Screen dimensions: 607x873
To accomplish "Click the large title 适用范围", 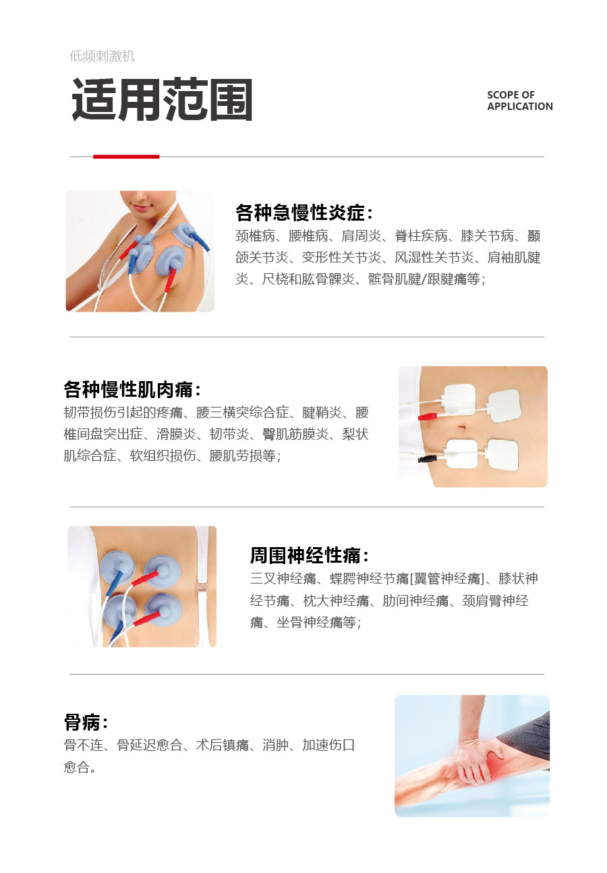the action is [162, 99].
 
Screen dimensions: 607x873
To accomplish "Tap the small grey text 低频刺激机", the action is [102, 56].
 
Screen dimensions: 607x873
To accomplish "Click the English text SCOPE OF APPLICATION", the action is [520, 101].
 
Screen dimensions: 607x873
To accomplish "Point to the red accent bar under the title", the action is [126, 157].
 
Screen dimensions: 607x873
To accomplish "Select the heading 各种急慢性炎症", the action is [301, 213].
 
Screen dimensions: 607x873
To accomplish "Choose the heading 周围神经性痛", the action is [306, 555].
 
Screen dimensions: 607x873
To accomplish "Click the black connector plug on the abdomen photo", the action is [428, 459].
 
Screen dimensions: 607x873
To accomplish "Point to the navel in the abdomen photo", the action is [462, 428].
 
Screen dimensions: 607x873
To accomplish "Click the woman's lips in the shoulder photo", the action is [141, 207].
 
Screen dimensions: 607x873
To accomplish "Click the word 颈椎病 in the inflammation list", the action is [255, 235].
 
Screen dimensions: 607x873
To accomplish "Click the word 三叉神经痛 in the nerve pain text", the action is [283, 578].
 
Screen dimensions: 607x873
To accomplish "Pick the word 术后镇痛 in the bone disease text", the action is [222, 745].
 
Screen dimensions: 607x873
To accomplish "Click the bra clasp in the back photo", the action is [202, 586].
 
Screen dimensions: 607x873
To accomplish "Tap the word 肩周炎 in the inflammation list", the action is [361, 235].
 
